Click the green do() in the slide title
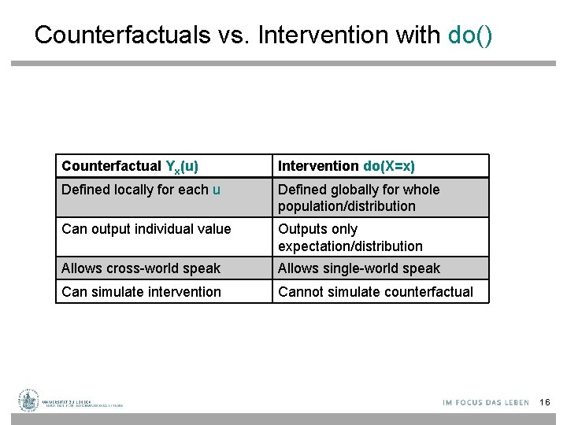pyautogui.click(x=470, y=35)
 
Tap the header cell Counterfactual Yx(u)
pyautogui.click(x=130, y=166)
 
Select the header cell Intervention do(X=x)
pyautogui.click(x=346, y=166)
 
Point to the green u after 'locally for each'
pyautogui.click(x=217, y=190)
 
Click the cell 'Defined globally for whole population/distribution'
pyautogui.click(x=358, y=198)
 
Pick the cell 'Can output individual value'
pyautogui.click(x=146, y=229)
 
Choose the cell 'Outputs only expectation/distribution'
pyautogui.click(x=350, y=238)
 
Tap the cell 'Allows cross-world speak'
pyautogui.click(x=141, y=268)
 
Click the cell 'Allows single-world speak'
pyautogui.click(x=359, y=268)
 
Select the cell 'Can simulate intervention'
pyautogui.click(x=141, y=292)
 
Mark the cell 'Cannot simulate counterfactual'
pyautogui.click(x=376, y=292)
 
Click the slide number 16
pyautogui.click(x=545, y=403)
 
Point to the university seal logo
pyautogui.click(x=29, y=401)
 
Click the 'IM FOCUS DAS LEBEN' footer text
pyautogui.click(x=486, y=403)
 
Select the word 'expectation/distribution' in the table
pyautogui.click(x=350, y=246)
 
